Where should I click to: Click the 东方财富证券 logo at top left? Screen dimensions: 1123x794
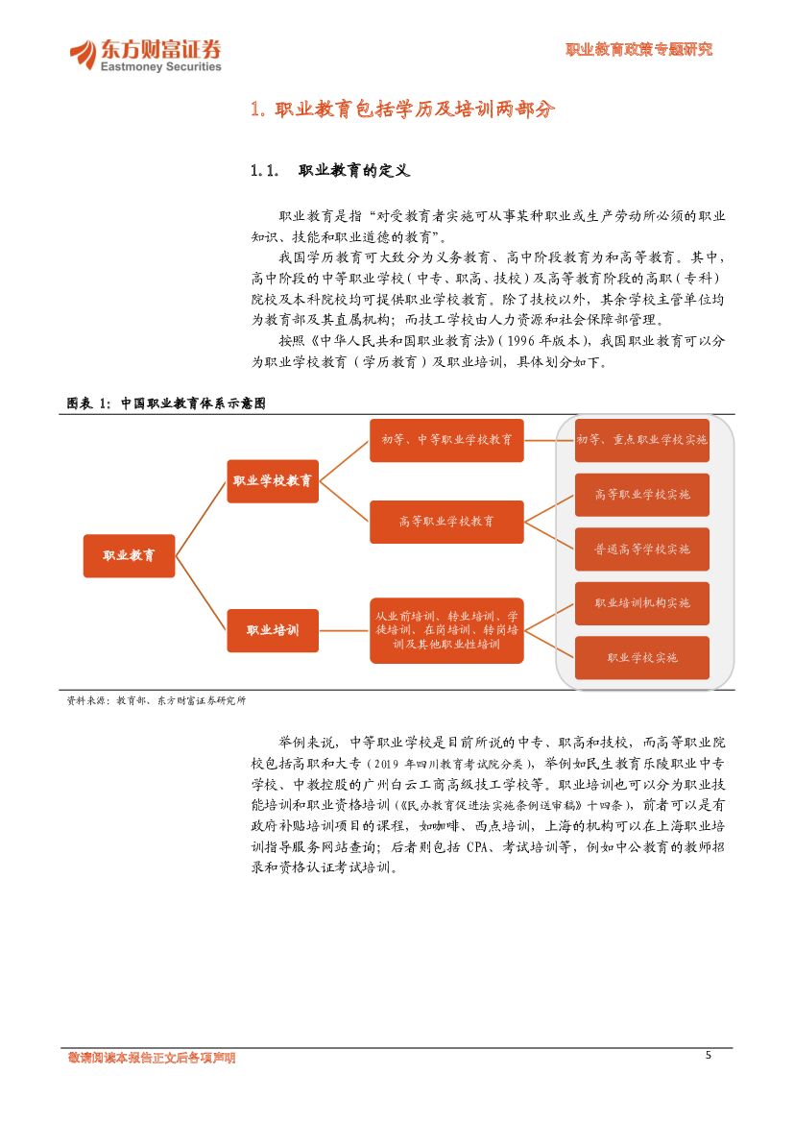tap(145, 55)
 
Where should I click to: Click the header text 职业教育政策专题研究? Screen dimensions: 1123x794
tap(638, 50)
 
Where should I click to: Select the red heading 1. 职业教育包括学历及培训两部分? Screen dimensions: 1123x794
tap(402, 110)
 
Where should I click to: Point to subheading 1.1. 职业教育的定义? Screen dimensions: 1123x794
tap(330, 171)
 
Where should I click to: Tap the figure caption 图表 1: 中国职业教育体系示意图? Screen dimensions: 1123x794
tap(164, 404)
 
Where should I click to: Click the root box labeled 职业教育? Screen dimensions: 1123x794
tap(129, 555)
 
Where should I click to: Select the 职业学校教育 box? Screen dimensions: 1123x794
tap(273, 481)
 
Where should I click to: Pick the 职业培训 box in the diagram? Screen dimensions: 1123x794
tap(273, 630)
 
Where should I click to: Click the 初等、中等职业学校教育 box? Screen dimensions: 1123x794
tap(446, 440)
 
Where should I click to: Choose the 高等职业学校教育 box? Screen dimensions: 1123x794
tap(446, 522)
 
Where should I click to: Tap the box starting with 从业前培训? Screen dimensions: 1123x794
tap(446, 630)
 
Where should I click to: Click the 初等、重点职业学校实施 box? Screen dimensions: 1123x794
tap(641, 440)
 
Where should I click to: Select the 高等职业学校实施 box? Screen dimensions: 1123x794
tap(641, 495)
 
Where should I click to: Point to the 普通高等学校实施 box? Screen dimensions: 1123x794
tap(641, 549)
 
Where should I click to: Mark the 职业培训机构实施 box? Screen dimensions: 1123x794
tap(641, 603)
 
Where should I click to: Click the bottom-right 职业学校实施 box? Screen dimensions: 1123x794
tap(641, 658)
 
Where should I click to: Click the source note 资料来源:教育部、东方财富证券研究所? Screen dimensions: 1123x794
tap(156, 701)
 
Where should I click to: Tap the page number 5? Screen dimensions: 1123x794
tap(709, 1055)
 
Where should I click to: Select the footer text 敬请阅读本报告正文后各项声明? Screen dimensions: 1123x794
tap(152, 1058)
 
